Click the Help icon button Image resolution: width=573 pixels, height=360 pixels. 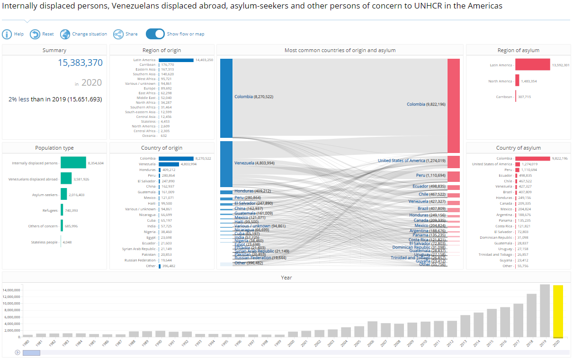pyautogui.click(x=7, y=34)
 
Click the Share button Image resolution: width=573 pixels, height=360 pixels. pyautogui.click(x=118, y=34)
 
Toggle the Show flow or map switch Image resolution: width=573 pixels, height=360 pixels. pyautogui.click(x=155, y=34)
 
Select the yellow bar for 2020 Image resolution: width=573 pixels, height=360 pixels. pyautogui.click(x=558, y=311)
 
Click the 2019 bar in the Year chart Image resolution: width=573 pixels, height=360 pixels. pyautogui.click(x=545, y=310)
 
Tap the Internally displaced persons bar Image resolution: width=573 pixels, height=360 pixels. pyautogui.click(x=73, y=163)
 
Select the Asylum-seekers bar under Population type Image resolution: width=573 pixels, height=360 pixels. pyautogui.click(x=63, y=195)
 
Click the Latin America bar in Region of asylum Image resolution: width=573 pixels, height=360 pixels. pyautogui.click(x=532, y=65)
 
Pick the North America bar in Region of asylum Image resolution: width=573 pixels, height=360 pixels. pyautogui.click(x=517, y=81)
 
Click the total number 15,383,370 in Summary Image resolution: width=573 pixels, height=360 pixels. pyautogui.click(x=80, y=63)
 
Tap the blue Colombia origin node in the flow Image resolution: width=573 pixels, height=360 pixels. pyautogui.click(x=226, y=98)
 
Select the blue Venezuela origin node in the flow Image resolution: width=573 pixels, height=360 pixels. pyautogui.click(x=226, y=163)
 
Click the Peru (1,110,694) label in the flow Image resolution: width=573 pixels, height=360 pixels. pyautogui.click(x=430, y=176)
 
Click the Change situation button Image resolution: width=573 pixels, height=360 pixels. pyautogui.click(x=83, y=34)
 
